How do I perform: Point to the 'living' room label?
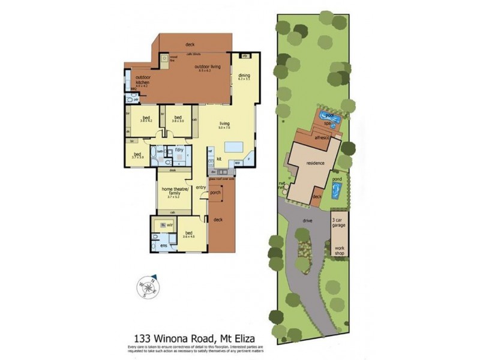coord(224,124)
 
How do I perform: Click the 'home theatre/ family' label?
coord(175,191)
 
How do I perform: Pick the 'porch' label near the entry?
coord(215,193)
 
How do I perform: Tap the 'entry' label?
coord(200,188)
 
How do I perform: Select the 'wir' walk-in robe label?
coord(170,224)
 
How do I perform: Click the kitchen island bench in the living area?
coord(233,148)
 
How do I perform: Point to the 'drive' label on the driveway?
coord(307,220)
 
